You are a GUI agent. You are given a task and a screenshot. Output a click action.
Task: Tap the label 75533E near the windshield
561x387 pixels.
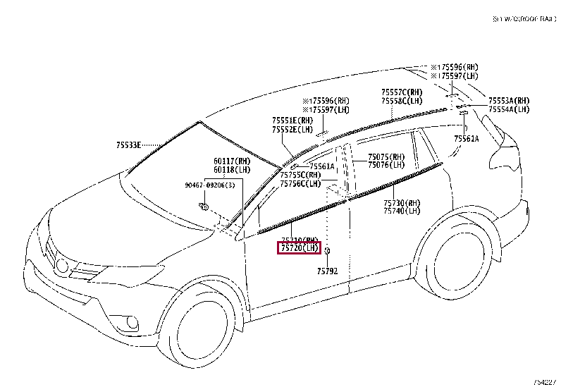(x=130, y=145)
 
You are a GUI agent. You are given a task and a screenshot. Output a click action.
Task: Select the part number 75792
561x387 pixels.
(x=327, y=271)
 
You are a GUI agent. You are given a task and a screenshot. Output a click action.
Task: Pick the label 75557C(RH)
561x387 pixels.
(x=402, y=92)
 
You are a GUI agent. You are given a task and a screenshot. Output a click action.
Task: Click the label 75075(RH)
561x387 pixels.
(x=386, y=157)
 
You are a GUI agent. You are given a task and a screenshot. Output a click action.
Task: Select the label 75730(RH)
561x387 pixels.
(x=401, y=202)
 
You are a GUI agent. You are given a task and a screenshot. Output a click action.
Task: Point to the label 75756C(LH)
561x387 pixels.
(x=300, y=183)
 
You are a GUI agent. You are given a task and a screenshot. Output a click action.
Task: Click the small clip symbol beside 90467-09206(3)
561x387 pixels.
(x=203, y=205)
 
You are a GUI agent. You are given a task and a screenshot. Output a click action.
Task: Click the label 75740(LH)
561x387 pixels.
(x=401, y=211)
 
